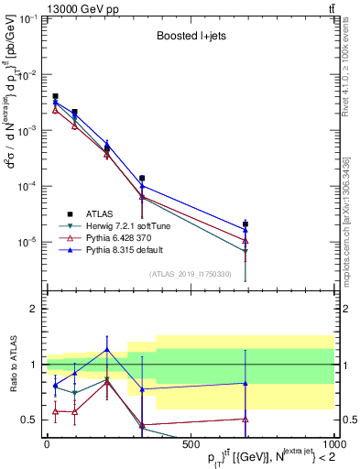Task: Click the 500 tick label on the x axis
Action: click(x=191, y=445)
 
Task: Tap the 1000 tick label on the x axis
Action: click(x=332, y=445)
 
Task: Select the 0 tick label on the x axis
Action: click(x=47, y=445)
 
